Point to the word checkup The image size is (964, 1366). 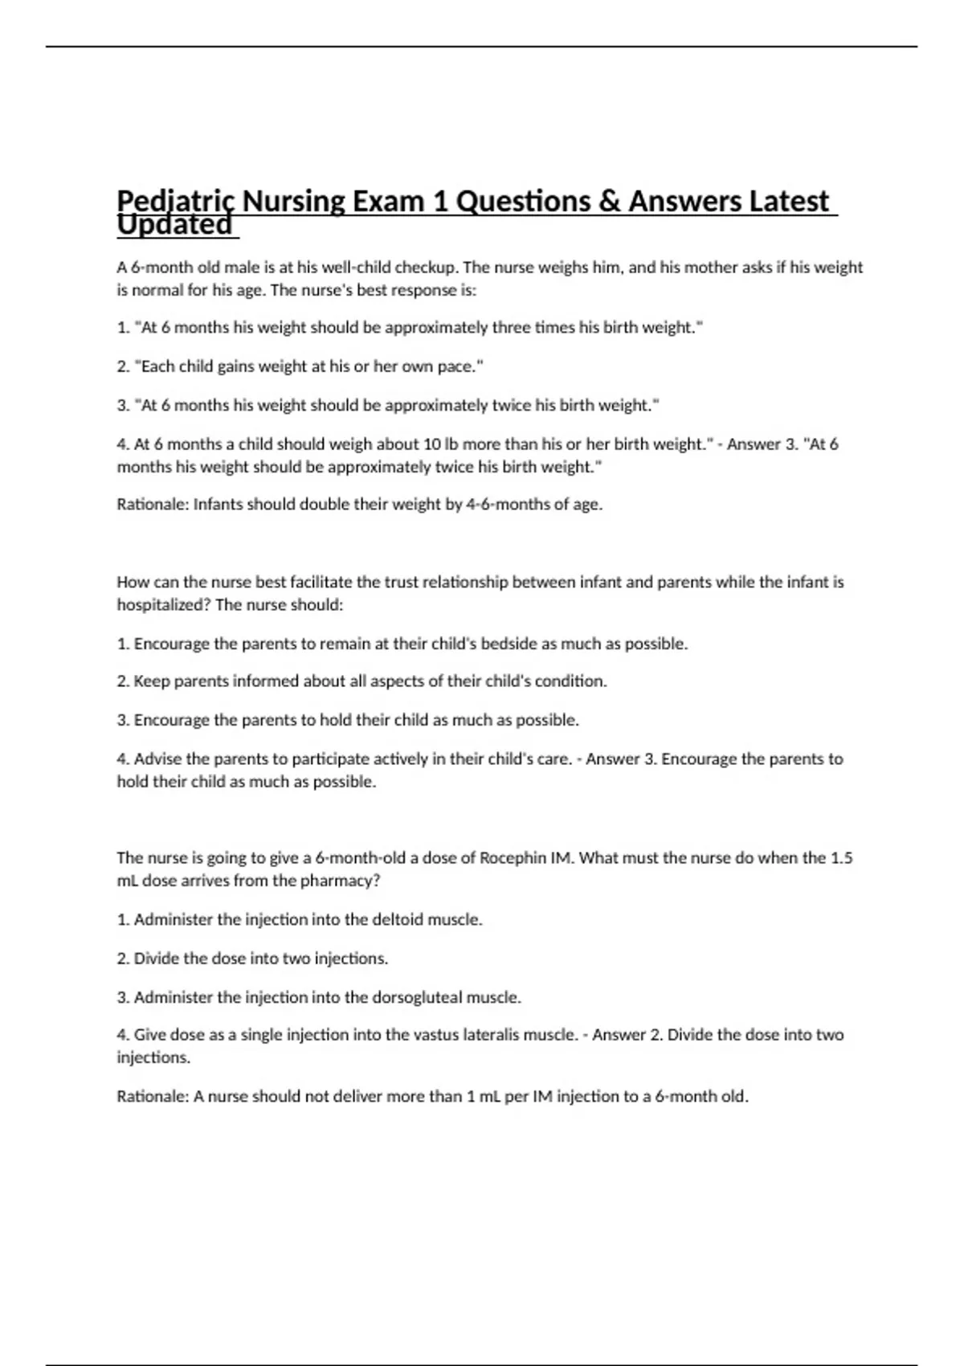click(425, 268)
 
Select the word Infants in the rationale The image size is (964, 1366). click(219, 505)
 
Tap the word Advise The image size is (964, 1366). click(157, 759)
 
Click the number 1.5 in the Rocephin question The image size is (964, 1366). click(841, 858)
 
